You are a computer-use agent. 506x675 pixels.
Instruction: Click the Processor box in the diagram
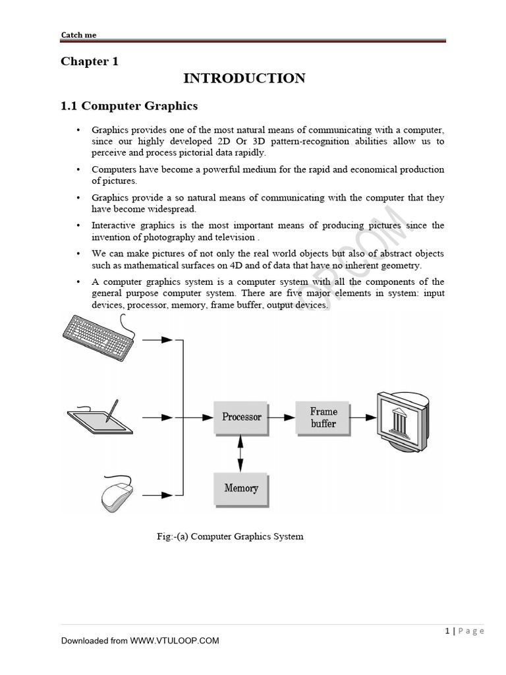242,417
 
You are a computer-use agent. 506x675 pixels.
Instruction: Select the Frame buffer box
323,417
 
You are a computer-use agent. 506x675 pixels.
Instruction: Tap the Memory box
241,488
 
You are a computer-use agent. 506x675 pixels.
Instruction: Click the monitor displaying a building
401,419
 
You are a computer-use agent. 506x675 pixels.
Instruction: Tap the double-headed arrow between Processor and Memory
240,454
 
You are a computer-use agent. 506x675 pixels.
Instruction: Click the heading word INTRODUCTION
244,78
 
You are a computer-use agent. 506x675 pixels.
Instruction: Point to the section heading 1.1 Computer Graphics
129,105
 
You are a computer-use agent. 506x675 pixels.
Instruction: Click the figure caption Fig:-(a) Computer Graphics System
229,537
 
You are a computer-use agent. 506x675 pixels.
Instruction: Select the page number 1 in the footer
447,631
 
